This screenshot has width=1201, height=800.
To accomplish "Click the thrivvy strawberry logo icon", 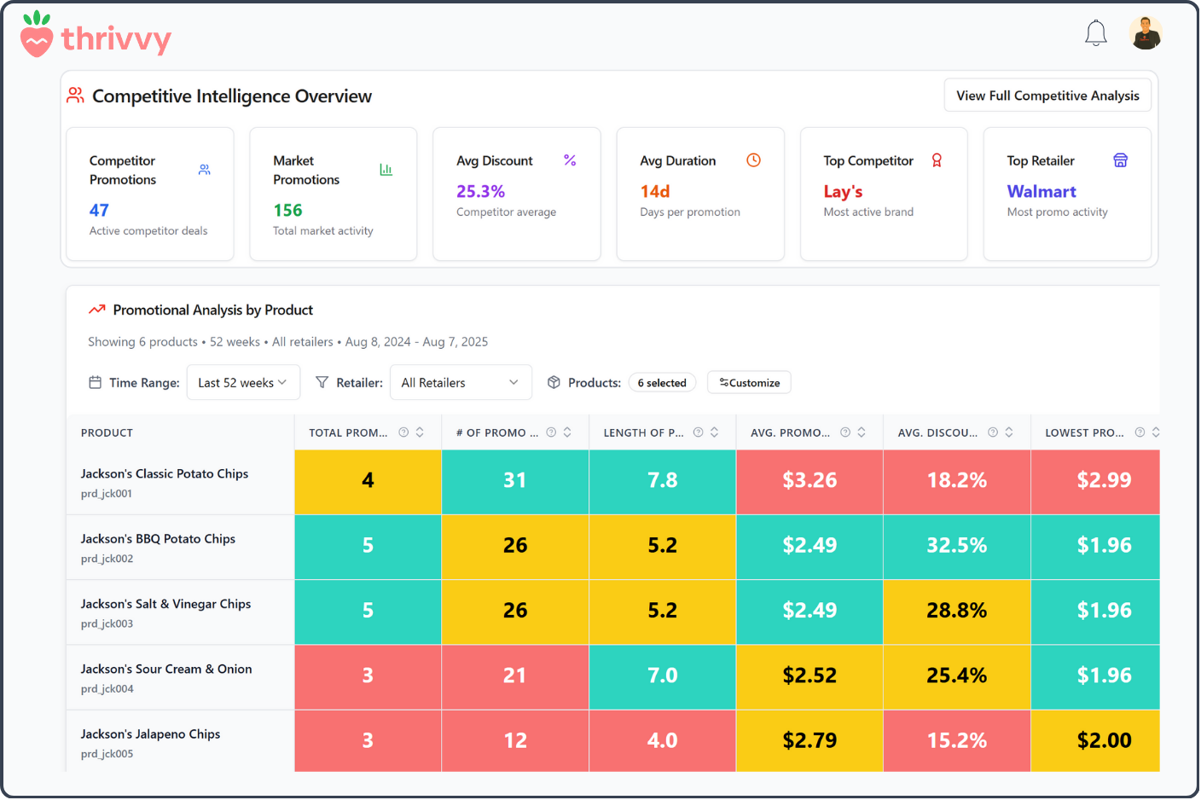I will pos(37,35).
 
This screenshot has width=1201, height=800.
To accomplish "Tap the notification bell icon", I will pos(1095,33).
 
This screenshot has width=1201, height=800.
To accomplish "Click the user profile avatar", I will pos(1145,33).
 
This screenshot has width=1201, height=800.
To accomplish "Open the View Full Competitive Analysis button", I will pos(1047,96).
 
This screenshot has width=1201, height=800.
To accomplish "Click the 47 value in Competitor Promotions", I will pos(99,210).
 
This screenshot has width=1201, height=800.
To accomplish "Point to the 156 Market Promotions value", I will pos(287,210).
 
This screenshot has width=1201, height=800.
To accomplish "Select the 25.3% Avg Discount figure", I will pos(480,191).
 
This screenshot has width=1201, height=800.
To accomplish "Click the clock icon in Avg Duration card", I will pos(753,160).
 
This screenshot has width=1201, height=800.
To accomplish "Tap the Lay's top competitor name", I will pos(843,191).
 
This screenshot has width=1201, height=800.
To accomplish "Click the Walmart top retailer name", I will pos(1041,191).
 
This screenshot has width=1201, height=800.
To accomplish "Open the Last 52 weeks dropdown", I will pos(242,383).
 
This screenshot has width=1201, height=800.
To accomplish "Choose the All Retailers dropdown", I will pos(460,383).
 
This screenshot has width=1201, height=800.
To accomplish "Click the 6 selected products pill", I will pos(662,383).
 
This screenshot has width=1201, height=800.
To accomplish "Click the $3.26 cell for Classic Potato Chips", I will pos(809,480).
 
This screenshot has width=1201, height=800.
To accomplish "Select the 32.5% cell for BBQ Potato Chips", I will pos(956,545).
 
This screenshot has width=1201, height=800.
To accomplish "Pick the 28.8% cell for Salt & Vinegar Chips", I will pos(956,611).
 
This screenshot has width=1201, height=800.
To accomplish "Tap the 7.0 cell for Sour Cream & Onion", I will pos(662,675).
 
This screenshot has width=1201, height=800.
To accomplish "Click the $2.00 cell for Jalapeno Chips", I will pos(1104,740).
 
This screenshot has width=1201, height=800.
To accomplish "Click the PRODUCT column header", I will pos(107,432).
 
